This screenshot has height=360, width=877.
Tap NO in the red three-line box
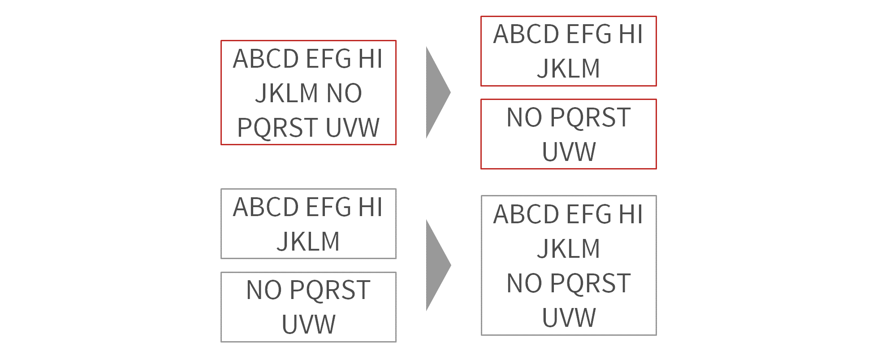coord(344,93)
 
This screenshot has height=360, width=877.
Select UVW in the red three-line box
coord(353,128)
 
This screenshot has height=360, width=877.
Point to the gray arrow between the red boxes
coord(438,92)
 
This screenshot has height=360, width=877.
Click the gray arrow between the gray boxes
coord(438,265)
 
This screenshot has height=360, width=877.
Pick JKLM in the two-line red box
coord(569,69)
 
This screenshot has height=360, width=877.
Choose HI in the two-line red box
coord(631,34)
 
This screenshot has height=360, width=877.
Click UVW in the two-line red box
coord(569,152)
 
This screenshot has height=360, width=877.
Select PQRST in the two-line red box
coord(590,118)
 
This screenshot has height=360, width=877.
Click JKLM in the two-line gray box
coord(308,242)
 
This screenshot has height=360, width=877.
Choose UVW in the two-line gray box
coord(308,324)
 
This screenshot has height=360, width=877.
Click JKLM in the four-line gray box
coord(569,249)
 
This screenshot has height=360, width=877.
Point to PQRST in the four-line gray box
coord(590,284)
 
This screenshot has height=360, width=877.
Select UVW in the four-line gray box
coord(569,318)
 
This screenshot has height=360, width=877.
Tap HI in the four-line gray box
coord(631,214)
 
